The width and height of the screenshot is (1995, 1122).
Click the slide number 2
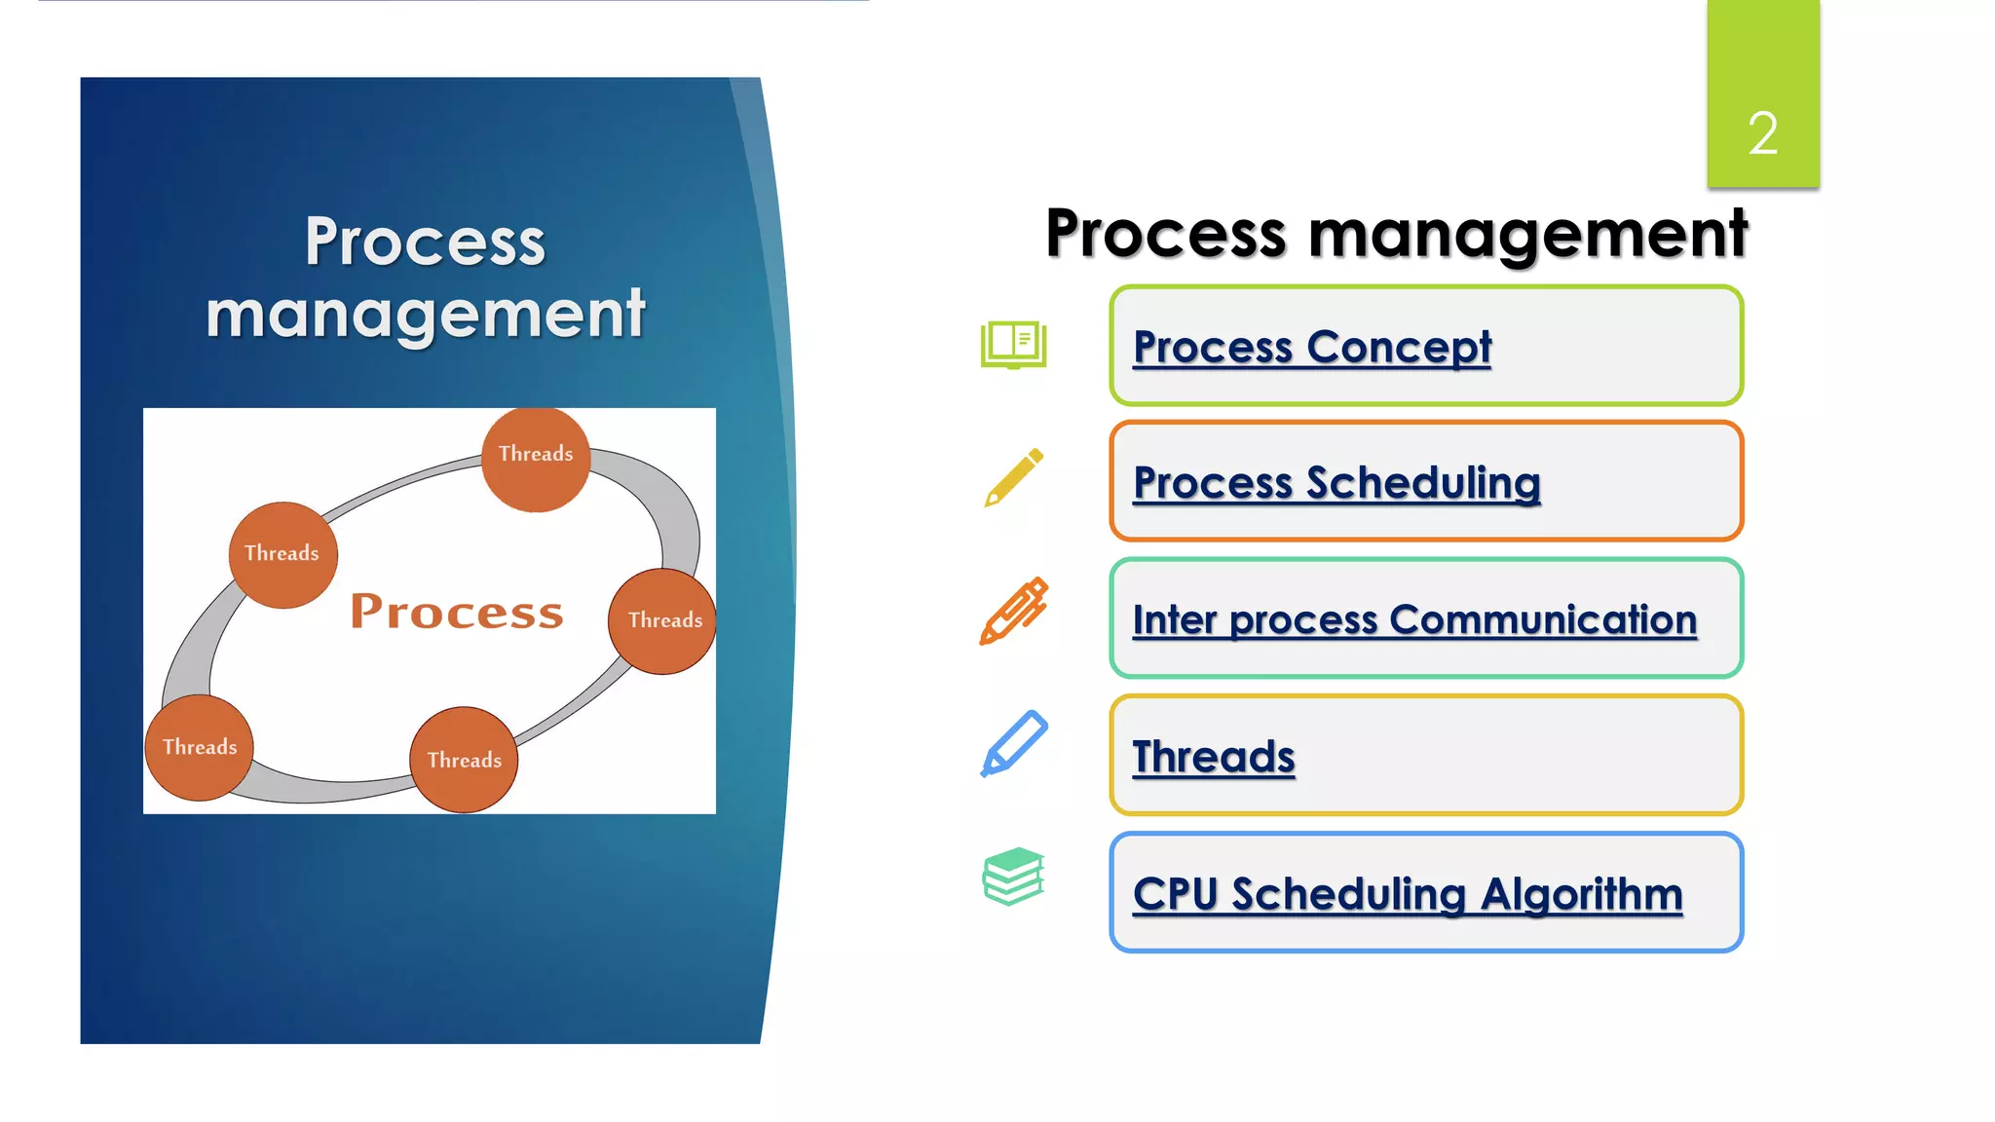point(1762,133)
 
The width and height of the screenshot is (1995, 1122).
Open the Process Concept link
point(1311,348)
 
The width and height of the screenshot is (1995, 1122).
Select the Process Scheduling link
point(1336,483)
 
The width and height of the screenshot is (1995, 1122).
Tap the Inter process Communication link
point(1413,620)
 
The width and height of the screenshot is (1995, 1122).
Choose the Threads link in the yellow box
point(1213,757)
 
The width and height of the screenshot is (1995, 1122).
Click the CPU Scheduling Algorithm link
point(1407,894)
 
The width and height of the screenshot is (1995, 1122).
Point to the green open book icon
point(1013,345)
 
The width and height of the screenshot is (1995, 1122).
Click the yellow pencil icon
point(1013,478)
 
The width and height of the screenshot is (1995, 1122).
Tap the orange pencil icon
point(1013,611)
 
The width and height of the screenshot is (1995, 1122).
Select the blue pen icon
point(1013,743)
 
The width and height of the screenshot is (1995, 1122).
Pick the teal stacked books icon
point(1013,876)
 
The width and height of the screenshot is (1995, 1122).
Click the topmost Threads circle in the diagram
point(536,458)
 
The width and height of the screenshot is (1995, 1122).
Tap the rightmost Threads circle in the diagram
point(662,621)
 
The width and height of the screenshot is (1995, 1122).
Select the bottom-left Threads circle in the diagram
point(200,747)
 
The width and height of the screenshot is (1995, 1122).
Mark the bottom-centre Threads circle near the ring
point(464,760)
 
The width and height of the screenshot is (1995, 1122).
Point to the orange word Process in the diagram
point(456,612)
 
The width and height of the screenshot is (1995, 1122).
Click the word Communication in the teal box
point(1543,620)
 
